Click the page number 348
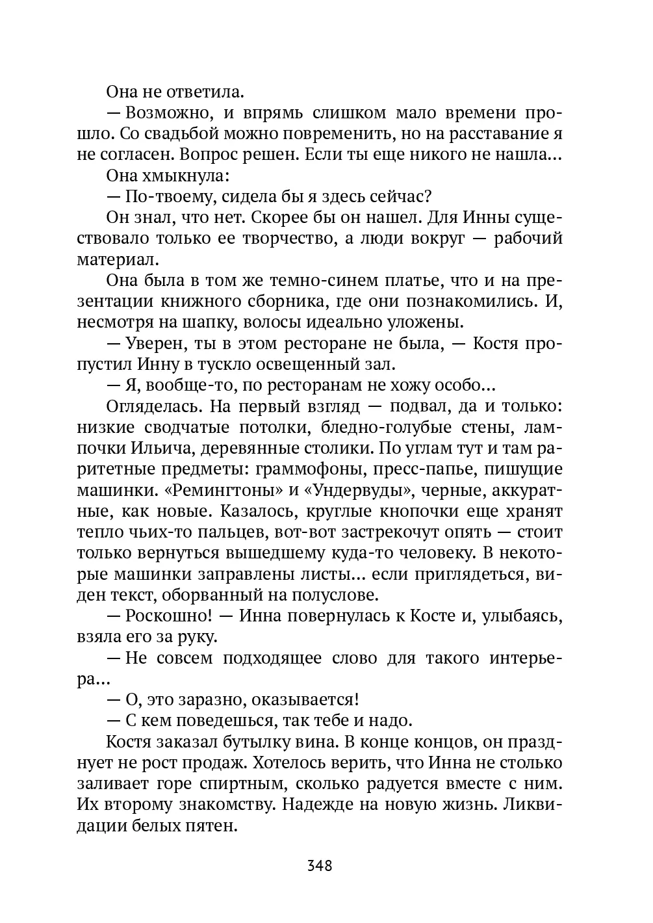[x=319, y=866]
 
